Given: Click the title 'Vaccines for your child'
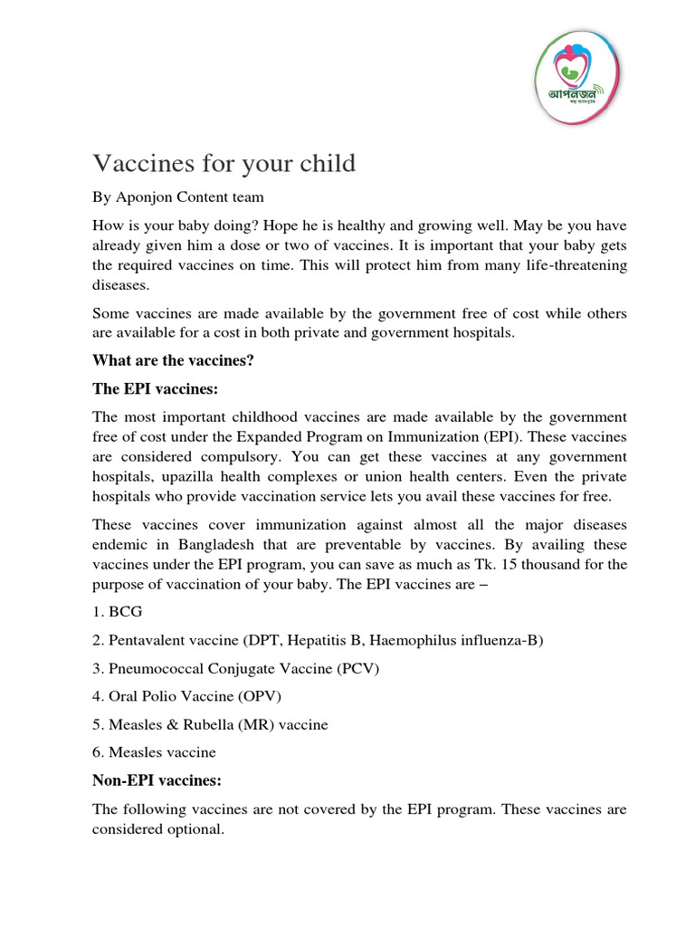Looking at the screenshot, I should coord(224,164).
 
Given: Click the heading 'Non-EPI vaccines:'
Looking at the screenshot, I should coord(157,779).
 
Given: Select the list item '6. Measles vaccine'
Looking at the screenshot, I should coord(155,751).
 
